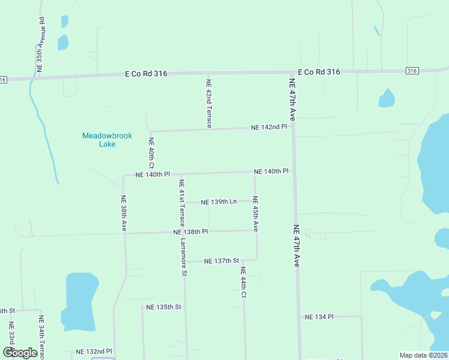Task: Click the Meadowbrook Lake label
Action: click(x=107, y=140)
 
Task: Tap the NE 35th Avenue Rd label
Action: click(x=41, y=45)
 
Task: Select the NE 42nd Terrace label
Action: click(x=208, y=104)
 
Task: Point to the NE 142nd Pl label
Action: click(x=270, y=127)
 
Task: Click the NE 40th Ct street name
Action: click(x=151, y=153)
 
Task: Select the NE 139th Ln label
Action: click(x=218, y=202)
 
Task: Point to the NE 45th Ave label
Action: click(x=255, y=214)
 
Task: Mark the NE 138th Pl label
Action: click(x=190, y=232)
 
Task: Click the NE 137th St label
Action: click(x=221, y=261)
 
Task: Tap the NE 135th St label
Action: click(x=163, y=307)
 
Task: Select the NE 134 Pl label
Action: click(x=319, y=316)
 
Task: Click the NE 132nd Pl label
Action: click(x=94, y=351)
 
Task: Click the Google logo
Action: click(x=20, y=353)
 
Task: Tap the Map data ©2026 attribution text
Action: click(x=423, y=355)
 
